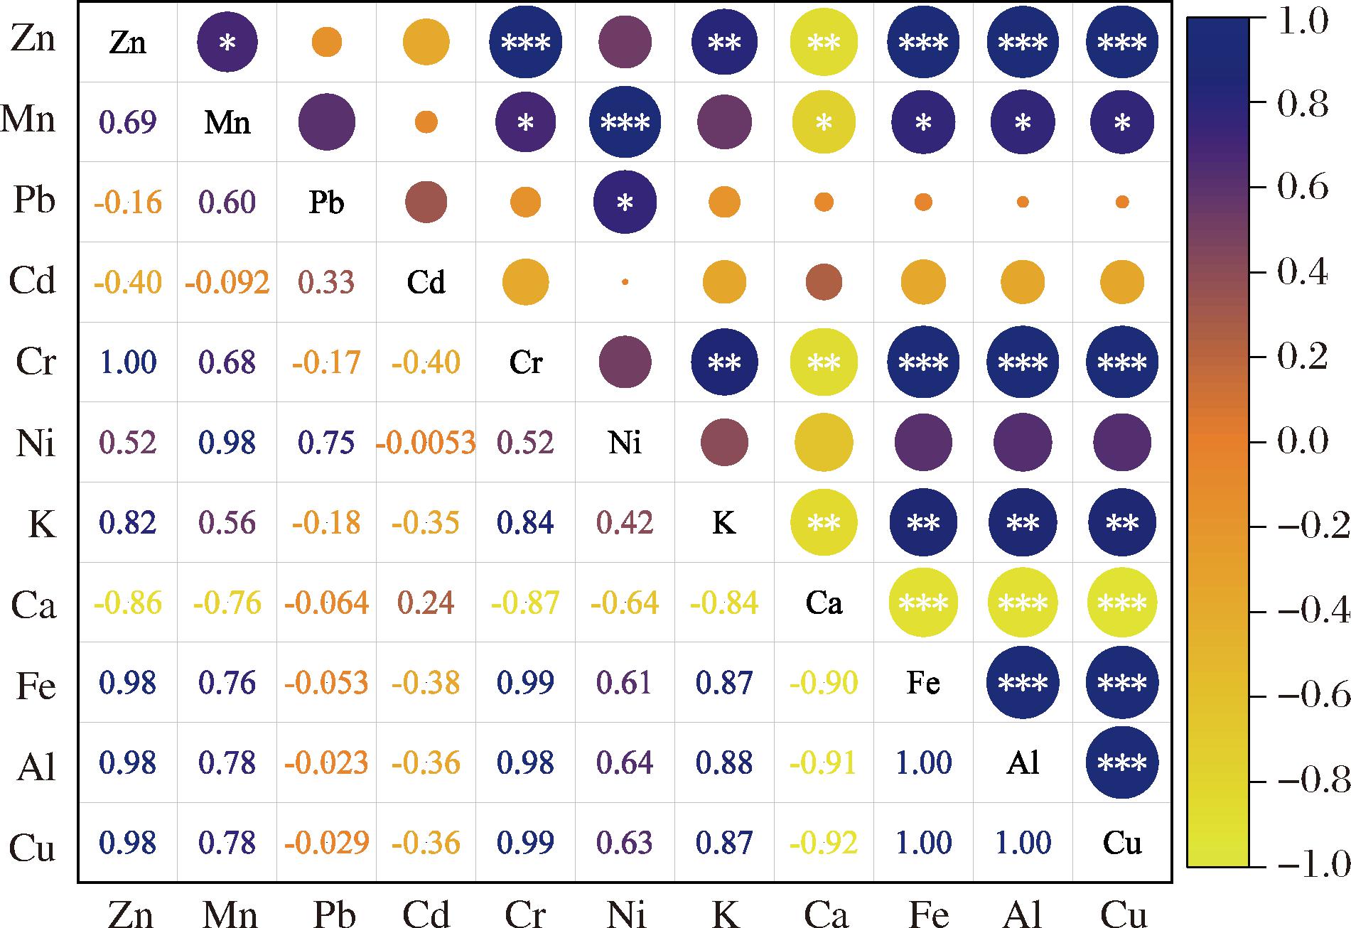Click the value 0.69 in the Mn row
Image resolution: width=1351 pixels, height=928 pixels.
[128, 122]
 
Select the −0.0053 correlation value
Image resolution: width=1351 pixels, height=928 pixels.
[426, 443]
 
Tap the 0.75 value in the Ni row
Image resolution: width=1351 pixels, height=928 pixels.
[326, 443]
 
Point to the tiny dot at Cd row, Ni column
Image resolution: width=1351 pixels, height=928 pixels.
[625, 282]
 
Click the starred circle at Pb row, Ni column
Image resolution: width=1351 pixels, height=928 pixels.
[625, 203]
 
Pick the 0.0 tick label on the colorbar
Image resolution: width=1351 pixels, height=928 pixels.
[1303, 441]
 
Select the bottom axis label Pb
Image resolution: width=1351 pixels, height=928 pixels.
[333, 912]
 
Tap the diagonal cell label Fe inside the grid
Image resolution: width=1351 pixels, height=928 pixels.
[923, 683]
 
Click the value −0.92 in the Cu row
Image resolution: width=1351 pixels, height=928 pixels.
[824, 843]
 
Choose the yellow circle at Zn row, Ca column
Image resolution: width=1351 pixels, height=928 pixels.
[824, 43]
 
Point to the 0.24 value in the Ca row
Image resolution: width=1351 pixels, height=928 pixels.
[426, 603]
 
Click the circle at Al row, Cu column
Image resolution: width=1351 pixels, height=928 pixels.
[1122, 763]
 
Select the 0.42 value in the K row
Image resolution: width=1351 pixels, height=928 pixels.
[625, 523]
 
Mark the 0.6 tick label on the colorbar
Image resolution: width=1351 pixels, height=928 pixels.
[1303, 188]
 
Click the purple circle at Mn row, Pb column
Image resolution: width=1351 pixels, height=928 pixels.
[326, 122]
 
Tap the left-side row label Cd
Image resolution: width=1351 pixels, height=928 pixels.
[33, 281]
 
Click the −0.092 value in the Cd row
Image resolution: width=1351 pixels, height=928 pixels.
[227, 283]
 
